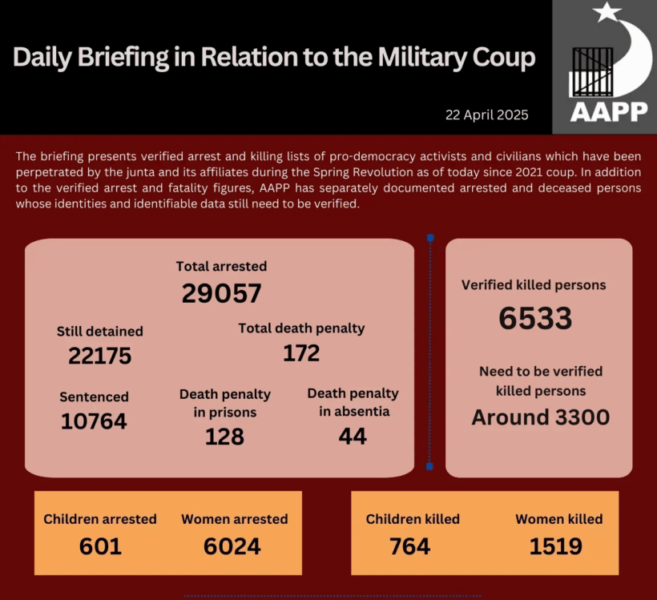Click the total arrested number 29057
coord(221,294)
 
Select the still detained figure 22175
coord(99,356)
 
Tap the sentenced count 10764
coord(94,421)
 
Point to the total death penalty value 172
coord(301,352)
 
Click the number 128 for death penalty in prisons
coord(224,437)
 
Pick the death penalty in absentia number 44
coord(353,437)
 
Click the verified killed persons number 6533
coord(535,319)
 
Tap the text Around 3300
coord(540,417)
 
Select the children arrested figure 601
coord(100,546)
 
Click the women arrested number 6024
coord(232,546)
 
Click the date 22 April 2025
coord(487,115)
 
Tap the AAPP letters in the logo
coord(609,112)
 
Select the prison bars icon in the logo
coord(590,72)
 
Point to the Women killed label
coord(558,519)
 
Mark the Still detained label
coord(99,331)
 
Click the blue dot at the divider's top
coord(430,238)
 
